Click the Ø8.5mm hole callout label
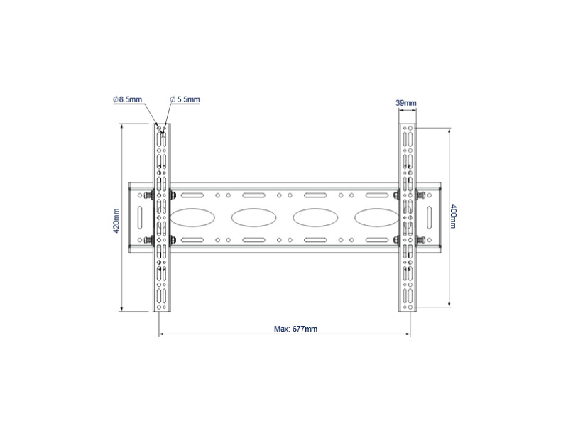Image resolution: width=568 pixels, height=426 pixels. (x=129, y=100)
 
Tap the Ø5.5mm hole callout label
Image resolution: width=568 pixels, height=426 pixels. (x=185, y=100)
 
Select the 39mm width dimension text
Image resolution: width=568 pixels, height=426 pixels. (x=406, y=104)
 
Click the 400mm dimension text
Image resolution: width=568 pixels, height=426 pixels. (x=454, y=217)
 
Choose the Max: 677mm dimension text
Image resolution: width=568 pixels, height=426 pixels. (x=295, y=329)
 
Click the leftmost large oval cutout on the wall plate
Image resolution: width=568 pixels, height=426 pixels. (x=190, y=216)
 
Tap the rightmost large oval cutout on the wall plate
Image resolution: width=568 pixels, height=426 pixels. (x=374, y=216)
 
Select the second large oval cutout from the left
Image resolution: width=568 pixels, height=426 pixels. (x=251, y=216)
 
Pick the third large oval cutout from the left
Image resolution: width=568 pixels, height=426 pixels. (x=313, y=216)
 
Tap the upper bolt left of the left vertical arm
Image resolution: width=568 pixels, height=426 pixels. (x=147, y=195)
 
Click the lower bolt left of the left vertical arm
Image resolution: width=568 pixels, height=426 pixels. (x=147, y=240)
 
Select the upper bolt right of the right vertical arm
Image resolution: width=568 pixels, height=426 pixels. (x=421, y=195)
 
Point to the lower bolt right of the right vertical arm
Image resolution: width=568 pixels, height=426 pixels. (x=421, y=240)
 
